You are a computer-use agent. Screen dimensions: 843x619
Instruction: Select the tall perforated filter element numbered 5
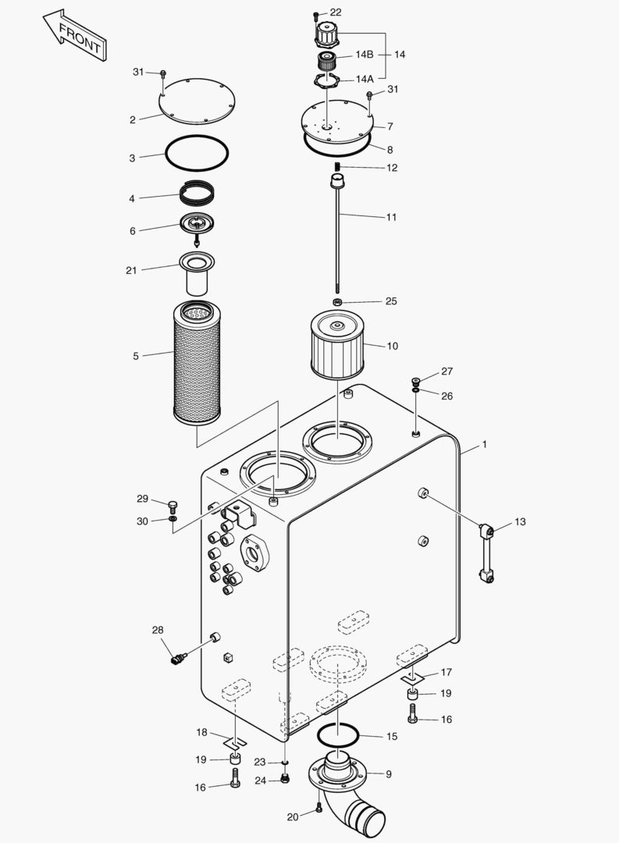[x=196, y=363]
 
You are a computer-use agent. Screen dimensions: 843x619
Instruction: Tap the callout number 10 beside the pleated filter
[x=391, y=345]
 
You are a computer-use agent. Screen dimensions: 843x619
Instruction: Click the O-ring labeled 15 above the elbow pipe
[x=337, y=734]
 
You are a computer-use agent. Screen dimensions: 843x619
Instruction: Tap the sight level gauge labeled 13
[x=488, y=554]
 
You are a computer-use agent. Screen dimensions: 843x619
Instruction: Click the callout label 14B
[x=365, y=55]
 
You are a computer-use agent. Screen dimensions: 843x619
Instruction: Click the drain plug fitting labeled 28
[x=177, y=660]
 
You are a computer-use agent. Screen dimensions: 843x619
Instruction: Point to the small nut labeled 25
[x=337, y=301]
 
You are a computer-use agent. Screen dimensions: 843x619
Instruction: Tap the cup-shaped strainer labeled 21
[x=197, y=273]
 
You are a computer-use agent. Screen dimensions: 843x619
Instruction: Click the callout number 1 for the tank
[x=484, y=444]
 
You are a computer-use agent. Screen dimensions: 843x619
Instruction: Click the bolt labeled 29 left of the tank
[x=173, y=505]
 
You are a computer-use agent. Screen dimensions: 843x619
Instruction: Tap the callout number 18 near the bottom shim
[x=201, y=732]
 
